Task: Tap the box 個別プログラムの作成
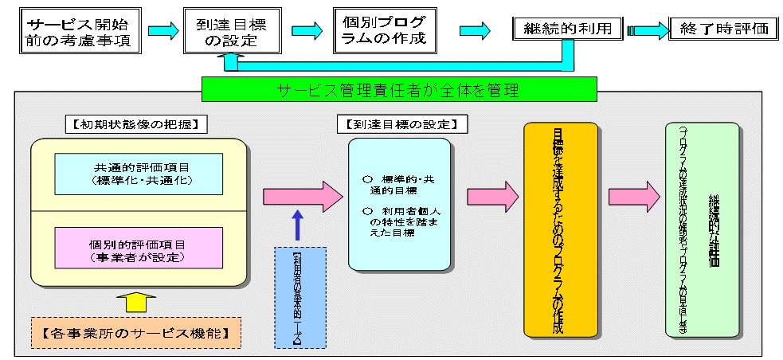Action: pos(386,30)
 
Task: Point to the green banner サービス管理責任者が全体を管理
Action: pos(398,90)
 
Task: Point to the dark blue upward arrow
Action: pos(299,225)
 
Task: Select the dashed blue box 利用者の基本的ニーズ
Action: pos(299,297)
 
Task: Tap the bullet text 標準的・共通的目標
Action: pos(398,186)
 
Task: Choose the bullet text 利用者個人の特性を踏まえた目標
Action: pos(398,221)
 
